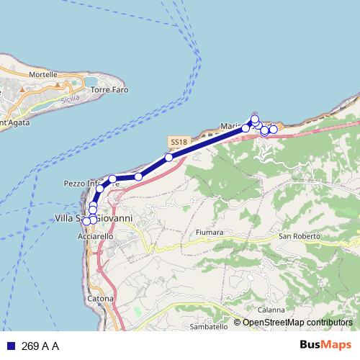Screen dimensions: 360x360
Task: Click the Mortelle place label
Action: pos(43,74)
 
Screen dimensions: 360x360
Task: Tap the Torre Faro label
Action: pos(109,90)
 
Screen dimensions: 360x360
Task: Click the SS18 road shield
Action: pos(179,142)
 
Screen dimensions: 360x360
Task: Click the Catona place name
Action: pos(102,297)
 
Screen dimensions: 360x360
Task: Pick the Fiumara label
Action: pos(210,233)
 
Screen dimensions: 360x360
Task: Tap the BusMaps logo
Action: pos(325,345)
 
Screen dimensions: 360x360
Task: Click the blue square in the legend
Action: pos(10,346)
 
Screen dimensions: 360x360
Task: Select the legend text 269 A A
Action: pos(40,346)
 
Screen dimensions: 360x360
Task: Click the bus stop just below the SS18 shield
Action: pos(168,157)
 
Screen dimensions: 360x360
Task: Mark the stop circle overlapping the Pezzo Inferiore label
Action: pos(113,179)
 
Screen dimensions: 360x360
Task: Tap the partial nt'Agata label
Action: pos(14,120)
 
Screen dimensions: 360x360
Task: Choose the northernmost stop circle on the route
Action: pos(255,119)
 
